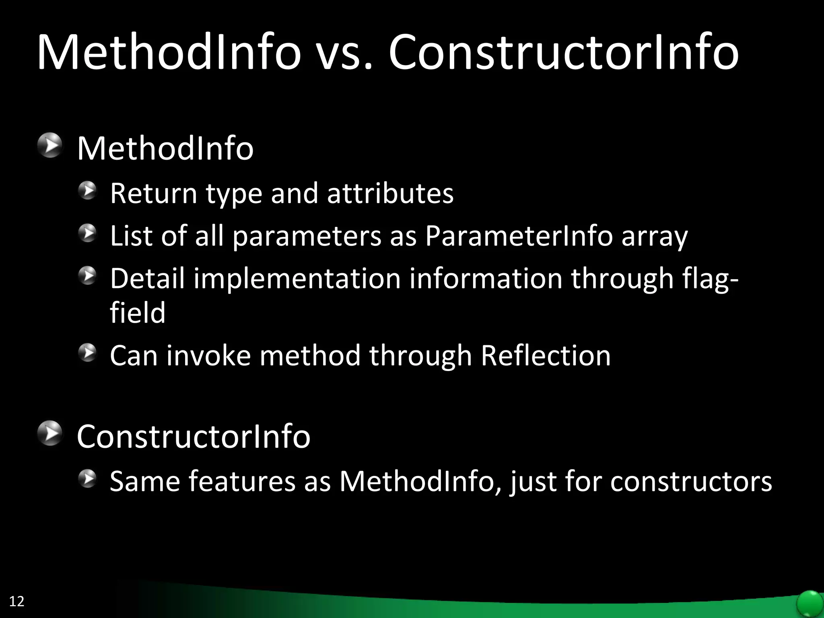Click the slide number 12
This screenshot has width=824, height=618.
coord(16,601)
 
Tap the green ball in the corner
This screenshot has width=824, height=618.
coord(810,604)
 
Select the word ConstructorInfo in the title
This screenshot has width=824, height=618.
coord(563,53)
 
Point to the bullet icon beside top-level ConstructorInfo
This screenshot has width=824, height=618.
coord(51,433)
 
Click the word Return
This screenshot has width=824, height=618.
coord(153,194)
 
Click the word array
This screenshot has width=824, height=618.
coord(655,237)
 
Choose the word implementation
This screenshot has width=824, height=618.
coord(297,278)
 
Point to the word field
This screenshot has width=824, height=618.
coord(138,313)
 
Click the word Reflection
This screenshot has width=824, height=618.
coord(546,356)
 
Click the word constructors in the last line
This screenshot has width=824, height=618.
coord(691,481)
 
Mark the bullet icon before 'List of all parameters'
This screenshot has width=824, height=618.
coord(88,233)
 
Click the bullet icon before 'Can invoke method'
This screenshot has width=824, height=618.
coord(88,353)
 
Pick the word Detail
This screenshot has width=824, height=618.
coord(147,278)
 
